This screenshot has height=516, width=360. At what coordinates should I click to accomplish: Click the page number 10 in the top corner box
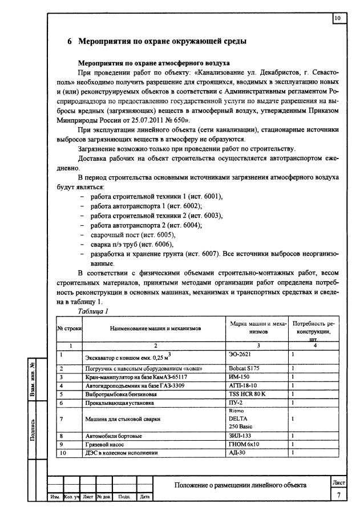pyautogui.click(x=337, y=19)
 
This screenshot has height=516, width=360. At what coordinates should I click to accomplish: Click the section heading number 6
pyautogui.click(x=70, y=42)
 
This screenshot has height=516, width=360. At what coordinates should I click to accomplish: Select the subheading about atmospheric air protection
pyautogui.click(x=153, y=63)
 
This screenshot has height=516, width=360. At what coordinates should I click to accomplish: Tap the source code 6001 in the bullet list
pyautogui.click(x=212, y=196)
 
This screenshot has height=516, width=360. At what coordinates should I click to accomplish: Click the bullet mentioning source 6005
pyautogui.click(x=129, y=235)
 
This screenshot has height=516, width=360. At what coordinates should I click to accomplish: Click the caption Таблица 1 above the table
pyautogui.click(x=94, y=311)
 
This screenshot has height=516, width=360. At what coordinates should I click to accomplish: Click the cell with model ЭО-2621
pyautogui.click(x=239, y=354)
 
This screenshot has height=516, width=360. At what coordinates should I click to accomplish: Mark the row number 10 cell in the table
pyautogui.click(x=61, y=453)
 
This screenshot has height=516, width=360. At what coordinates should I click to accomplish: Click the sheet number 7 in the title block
pyautogui.click(x=338, y=495)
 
